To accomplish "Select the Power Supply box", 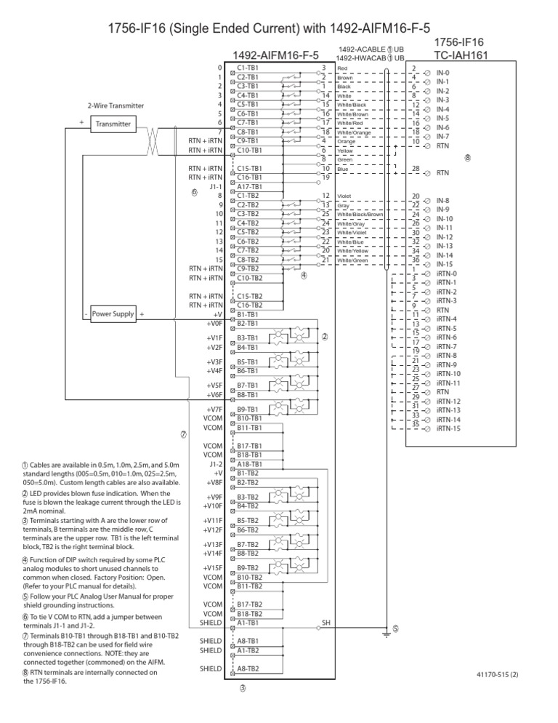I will coord(113,314).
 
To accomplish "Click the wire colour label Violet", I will coord(345,196).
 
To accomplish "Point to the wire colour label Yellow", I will coord(346,151).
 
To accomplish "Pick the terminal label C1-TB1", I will coord(248,68).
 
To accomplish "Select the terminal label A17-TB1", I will coord(248,186).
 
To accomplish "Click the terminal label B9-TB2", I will coord(249,567).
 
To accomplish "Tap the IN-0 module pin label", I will coord(442,73).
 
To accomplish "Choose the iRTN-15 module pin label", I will coord(448,429).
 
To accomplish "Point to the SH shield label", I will coord(326,623).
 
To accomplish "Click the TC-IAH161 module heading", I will coord(461,55).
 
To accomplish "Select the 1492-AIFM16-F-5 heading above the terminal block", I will coord(275,55).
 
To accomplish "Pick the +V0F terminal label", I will coord(214,323).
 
